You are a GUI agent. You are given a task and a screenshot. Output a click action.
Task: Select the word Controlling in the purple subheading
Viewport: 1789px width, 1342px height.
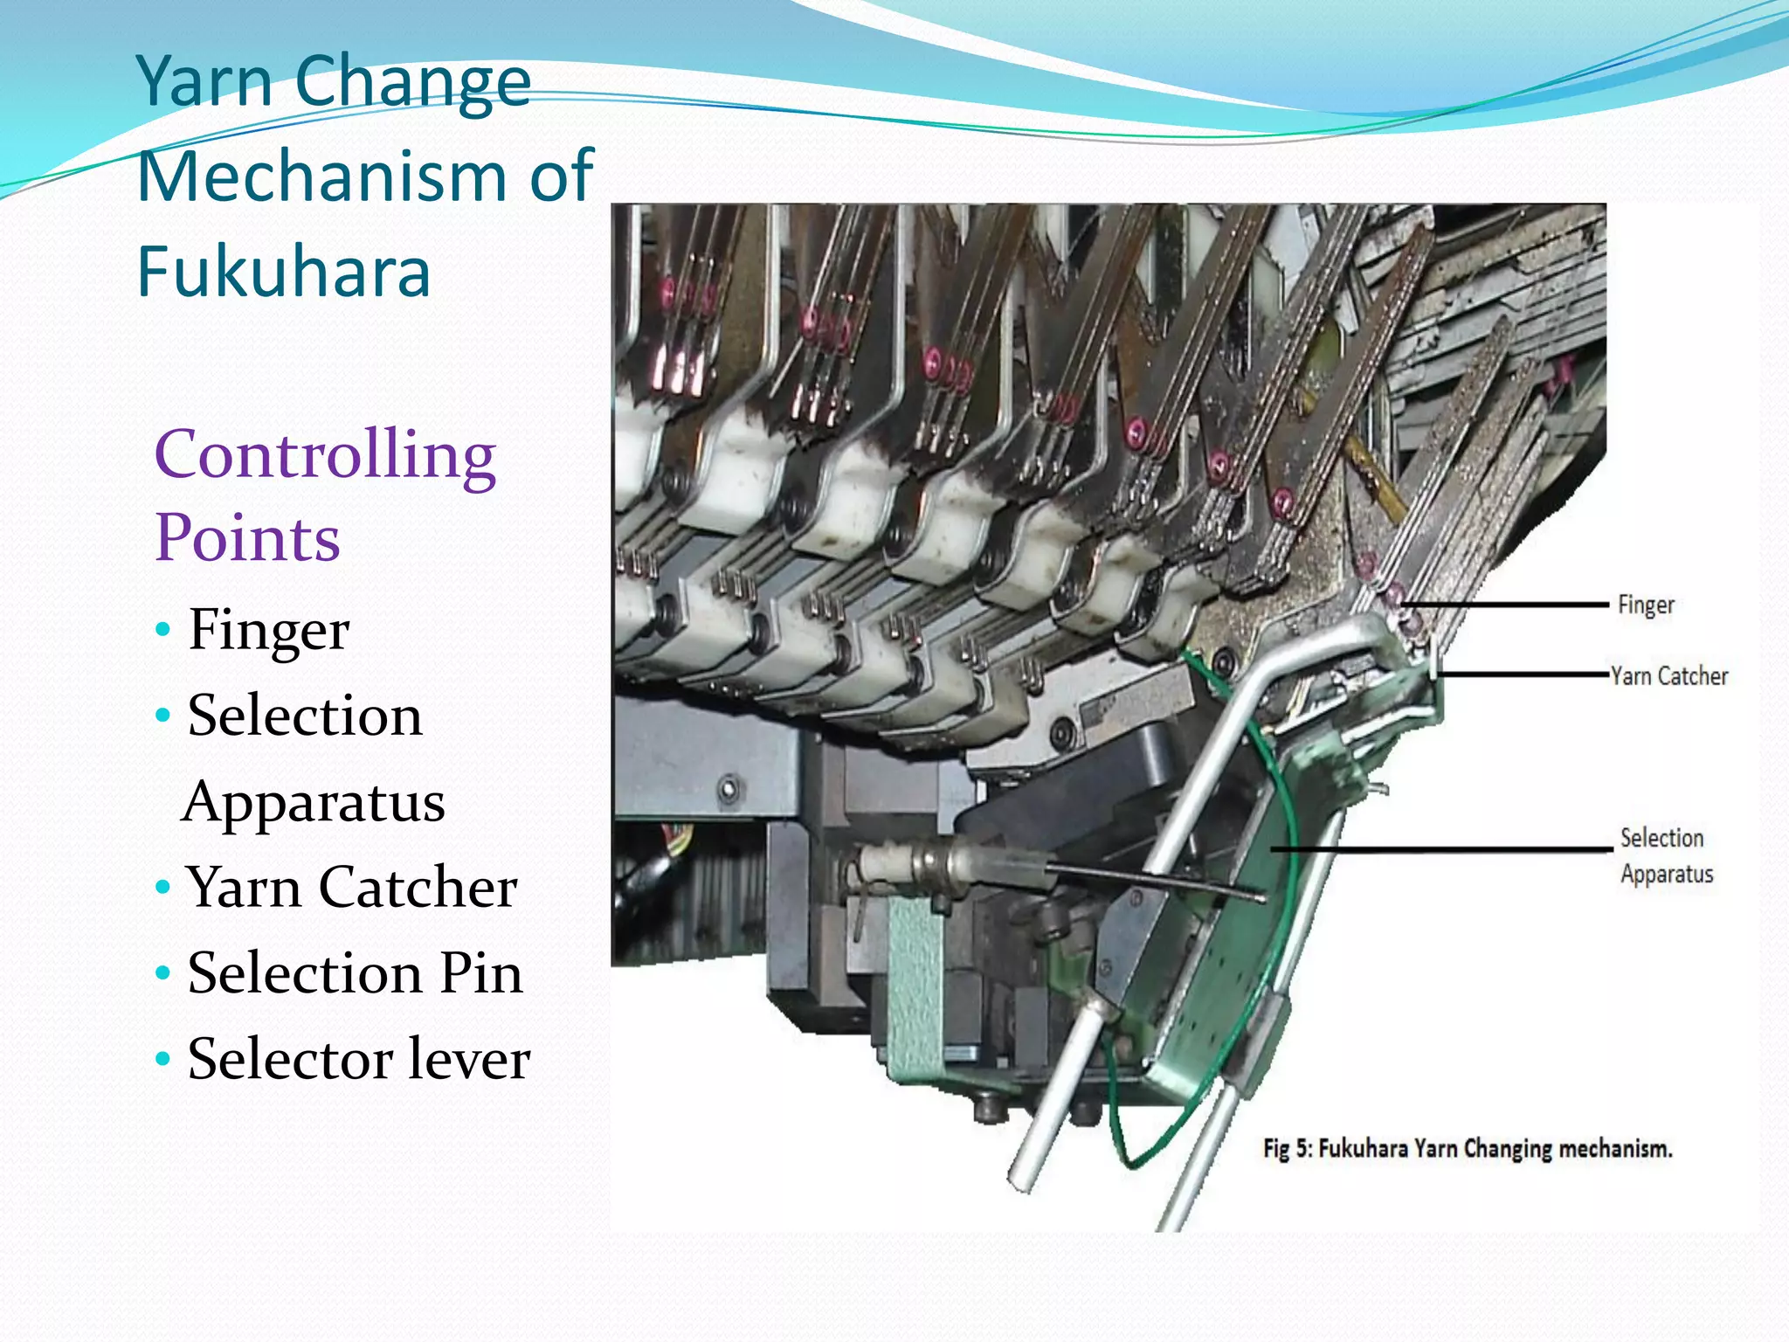(325, 456)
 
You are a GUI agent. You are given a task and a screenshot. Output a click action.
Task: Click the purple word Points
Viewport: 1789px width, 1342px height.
(247, 538)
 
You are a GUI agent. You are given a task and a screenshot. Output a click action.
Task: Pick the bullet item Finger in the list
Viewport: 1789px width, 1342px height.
(268, 629)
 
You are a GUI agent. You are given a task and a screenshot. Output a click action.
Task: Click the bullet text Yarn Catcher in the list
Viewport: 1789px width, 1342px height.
(351, 887)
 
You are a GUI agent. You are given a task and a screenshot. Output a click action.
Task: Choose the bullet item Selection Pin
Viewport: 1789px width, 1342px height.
(355, 972)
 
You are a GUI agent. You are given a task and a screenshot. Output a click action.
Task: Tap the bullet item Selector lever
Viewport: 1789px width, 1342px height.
(358, 1059)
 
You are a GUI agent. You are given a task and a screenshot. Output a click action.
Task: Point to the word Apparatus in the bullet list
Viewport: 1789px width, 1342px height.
(314, 802)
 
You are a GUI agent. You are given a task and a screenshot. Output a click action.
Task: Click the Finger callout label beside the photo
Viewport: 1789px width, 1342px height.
(1646, 605)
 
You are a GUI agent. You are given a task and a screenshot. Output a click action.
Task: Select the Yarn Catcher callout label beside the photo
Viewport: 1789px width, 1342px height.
(1669, 675)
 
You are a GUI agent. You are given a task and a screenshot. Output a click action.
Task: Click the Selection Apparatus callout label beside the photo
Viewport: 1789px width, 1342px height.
(1665, 855)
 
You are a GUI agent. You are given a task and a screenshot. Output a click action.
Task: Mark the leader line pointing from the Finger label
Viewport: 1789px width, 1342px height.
(1502, 604)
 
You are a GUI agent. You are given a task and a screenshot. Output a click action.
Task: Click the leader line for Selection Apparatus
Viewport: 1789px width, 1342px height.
(1441, 848)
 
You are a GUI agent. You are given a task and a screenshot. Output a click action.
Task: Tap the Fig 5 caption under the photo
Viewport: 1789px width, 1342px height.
(1468, 1148)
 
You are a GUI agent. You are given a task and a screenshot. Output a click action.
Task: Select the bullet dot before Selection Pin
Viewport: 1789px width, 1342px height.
(162, 973)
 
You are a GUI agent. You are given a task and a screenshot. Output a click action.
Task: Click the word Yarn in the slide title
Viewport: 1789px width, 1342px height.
(205, 81)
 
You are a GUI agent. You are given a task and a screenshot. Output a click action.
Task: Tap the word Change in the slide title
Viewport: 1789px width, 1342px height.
(412, 81)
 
